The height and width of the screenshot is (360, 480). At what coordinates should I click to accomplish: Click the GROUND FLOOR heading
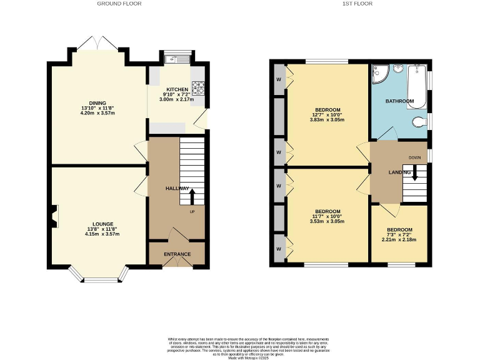tap(119, 4)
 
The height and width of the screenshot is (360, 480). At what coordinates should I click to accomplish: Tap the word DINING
tap(97, 103)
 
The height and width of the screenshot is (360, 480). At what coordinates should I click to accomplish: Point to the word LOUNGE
tap(102, 223)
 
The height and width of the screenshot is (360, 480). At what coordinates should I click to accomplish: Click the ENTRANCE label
tap(177, 254)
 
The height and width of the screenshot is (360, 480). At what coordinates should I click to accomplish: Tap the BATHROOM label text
tap(399, 101)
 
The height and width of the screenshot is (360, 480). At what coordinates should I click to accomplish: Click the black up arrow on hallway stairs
tap(191, 197)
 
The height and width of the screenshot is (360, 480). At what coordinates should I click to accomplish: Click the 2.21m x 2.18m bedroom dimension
tap(399, 240)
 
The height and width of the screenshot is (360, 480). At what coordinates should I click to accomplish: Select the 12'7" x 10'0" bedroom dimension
tap(327, 114)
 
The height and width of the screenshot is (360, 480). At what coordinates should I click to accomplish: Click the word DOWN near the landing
tap(414, 157)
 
